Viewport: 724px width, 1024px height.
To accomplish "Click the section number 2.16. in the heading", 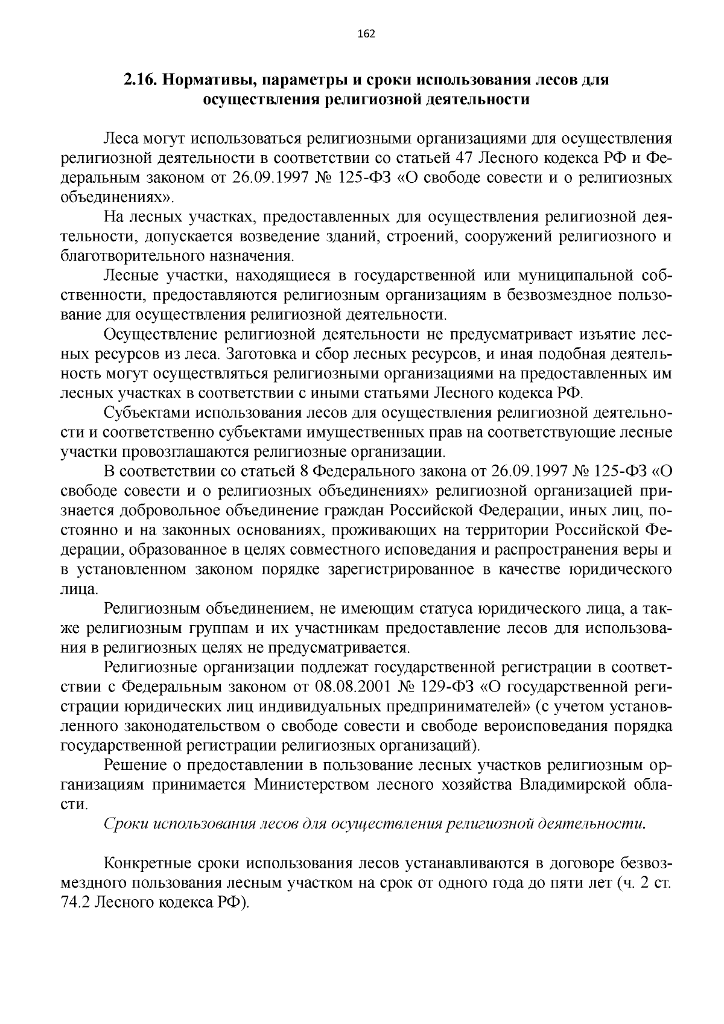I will pyautogui.click(x=139, y=80).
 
